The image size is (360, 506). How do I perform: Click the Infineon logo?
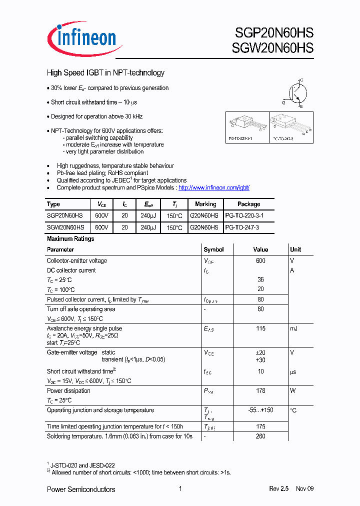[x=81, y=37]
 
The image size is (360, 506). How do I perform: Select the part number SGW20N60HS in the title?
[x=273, y=48]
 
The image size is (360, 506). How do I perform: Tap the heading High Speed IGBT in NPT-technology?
[x=105, y=73]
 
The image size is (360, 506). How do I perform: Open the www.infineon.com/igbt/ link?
[x=213, y=188]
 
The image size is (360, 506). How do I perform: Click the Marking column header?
[x=205, y=204]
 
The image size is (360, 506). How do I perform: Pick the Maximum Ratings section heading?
[x=70, y=239]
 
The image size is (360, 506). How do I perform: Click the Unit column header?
[x=295, y=249]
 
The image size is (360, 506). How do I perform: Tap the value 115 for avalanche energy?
[x=260, y=329]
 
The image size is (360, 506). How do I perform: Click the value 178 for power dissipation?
[x=260, y=391]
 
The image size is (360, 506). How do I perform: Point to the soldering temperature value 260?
[x=260, y=436]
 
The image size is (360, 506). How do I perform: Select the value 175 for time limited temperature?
[x=260, y=426]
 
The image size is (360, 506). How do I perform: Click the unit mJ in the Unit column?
[x=294, y=329]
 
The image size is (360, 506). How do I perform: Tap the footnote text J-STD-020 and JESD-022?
[x=82, y=465]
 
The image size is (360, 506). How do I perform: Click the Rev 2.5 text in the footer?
[x=279, y=489]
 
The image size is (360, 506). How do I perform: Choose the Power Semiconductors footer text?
[x=81, y=489]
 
